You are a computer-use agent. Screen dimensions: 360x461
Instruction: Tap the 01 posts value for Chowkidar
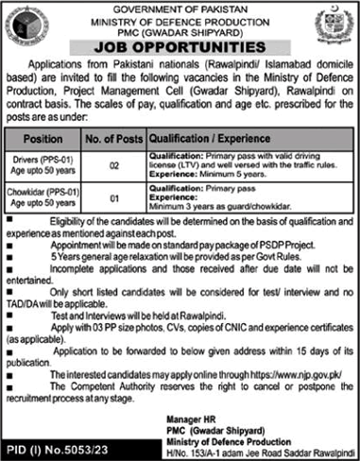(113, 199)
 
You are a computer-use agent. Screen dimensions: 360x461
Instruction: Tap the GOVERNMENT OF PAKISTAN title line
(179, 7)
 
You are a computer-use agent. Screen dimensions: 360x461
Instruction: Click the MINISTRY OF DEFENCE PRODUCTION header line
(179, 17)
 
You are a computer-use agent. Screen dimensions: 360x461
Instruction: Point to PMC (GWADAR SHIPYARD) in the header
(179, 27)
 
